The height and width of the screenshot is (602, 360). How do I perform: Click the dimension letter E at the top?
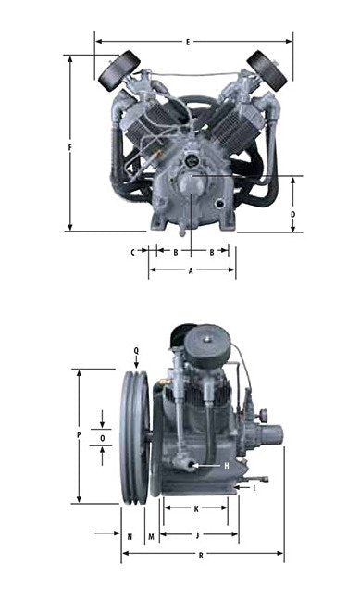(x=188, y=42)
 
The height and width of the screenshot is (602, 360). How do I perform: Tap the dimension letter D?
(x=292, y=214)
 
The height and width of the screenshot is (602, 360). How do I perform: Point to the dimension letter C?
(x=133, y=251)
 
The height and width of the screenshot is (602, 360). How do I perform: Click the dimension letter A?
(x=191, y=270)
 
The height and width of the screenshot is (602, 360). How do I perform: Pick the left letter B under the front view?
(x=176, y=251)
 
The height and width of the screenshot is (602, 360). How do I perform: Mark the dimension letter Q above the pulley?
(x=136, y=350)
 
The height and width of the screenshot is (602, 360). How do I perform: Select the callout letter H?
(x=225, y=465)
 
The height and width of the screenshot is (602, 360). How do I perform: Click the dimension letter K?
(x=195, y=508)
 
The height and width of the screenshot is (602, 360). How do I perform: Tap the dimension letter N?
(x=130, y=536)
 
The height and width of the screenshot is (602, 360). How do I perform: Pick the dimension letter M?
(x=150, y=536)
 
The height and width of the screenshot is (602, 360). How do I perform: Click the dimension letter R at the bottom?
(x=201, y=555)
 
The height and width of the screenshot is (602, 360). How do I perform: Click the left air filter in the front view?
(x=118, y=70)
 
